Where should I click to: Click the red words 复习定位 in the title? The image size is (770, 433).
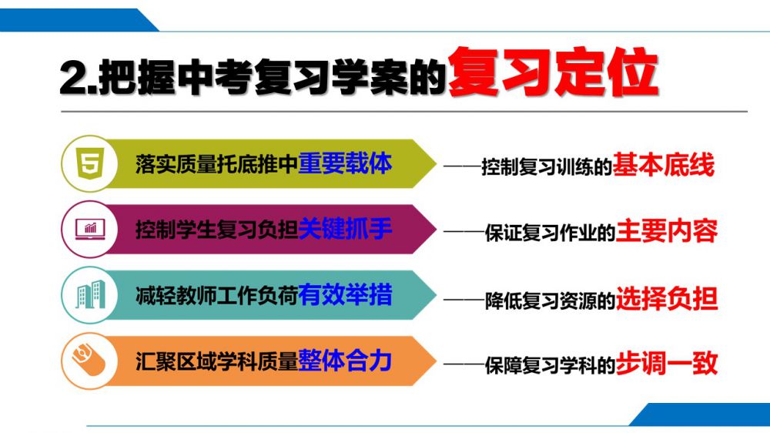coord(552,72)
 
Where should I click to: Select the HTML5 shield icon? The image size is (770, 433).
coord(90,163)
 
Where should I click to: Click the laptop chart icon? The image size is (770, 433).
coord(90,229)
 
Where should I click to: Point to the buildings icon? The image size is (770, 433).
coord(90,295)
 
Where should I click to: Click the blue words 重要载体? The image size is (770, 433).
coord(345,163)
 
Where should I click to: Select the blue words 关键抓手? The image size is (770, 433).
coord(345,229)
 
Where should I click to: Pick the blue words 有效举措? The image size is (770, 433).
coord(345,295)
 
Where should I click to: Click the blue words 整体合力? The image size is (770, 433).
coord(345,361)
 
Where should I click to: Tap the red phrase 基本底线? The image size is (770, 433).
coord(663,165)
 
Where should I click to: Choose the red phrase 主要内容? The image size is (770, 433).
coord(666,231)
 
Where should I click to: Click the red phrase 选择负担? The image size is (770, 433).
coord(666,298)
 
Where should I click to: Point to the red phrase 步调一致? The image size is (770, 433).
coord(666,363)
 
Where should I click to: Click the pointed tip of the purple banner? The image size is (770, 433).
coord(436,229)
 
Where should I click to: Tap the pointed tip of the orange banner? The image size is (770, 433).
coord(436,361)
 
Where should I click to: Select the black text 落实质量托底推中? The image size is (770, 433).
coord(216,164)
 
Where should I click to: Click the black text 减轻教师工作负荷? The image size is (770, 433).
coord(216,295)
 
